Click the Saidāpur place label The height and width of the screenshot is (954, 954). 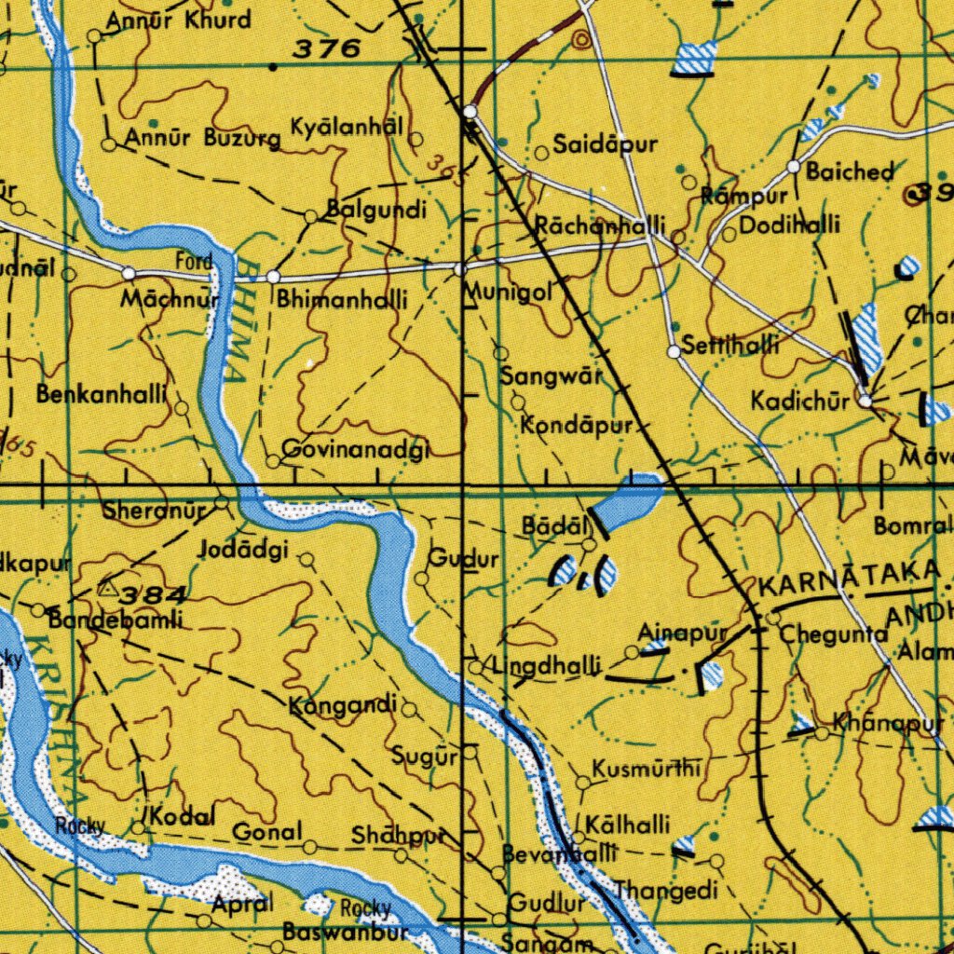click(x=606, y=145)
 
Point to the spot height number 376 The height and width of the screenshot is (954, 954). click(x=326, y=49)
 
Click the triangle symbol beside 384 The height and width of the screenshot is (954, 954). click(x=108, y=589)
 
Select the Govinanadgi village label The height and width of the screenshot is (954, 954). click(x=355, y=450)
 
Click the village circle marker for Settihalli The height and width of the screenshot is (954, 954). click(x=674, y=352)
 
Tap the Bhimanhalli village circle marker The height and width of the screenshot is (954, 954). click(x=273, y=278)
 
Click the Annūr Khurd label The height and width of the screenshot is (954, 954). click(x=178, y=20)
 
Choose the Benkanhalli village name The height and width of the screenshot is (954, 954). click(x=102, y=394)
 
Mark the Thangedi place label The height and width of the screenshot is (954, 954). click(x=666, y=891)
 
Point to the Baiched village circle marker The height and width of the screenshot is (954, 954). click(x=794, y=167)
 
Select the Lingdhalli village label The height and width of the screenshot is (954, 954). click(x=547, y=667)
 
